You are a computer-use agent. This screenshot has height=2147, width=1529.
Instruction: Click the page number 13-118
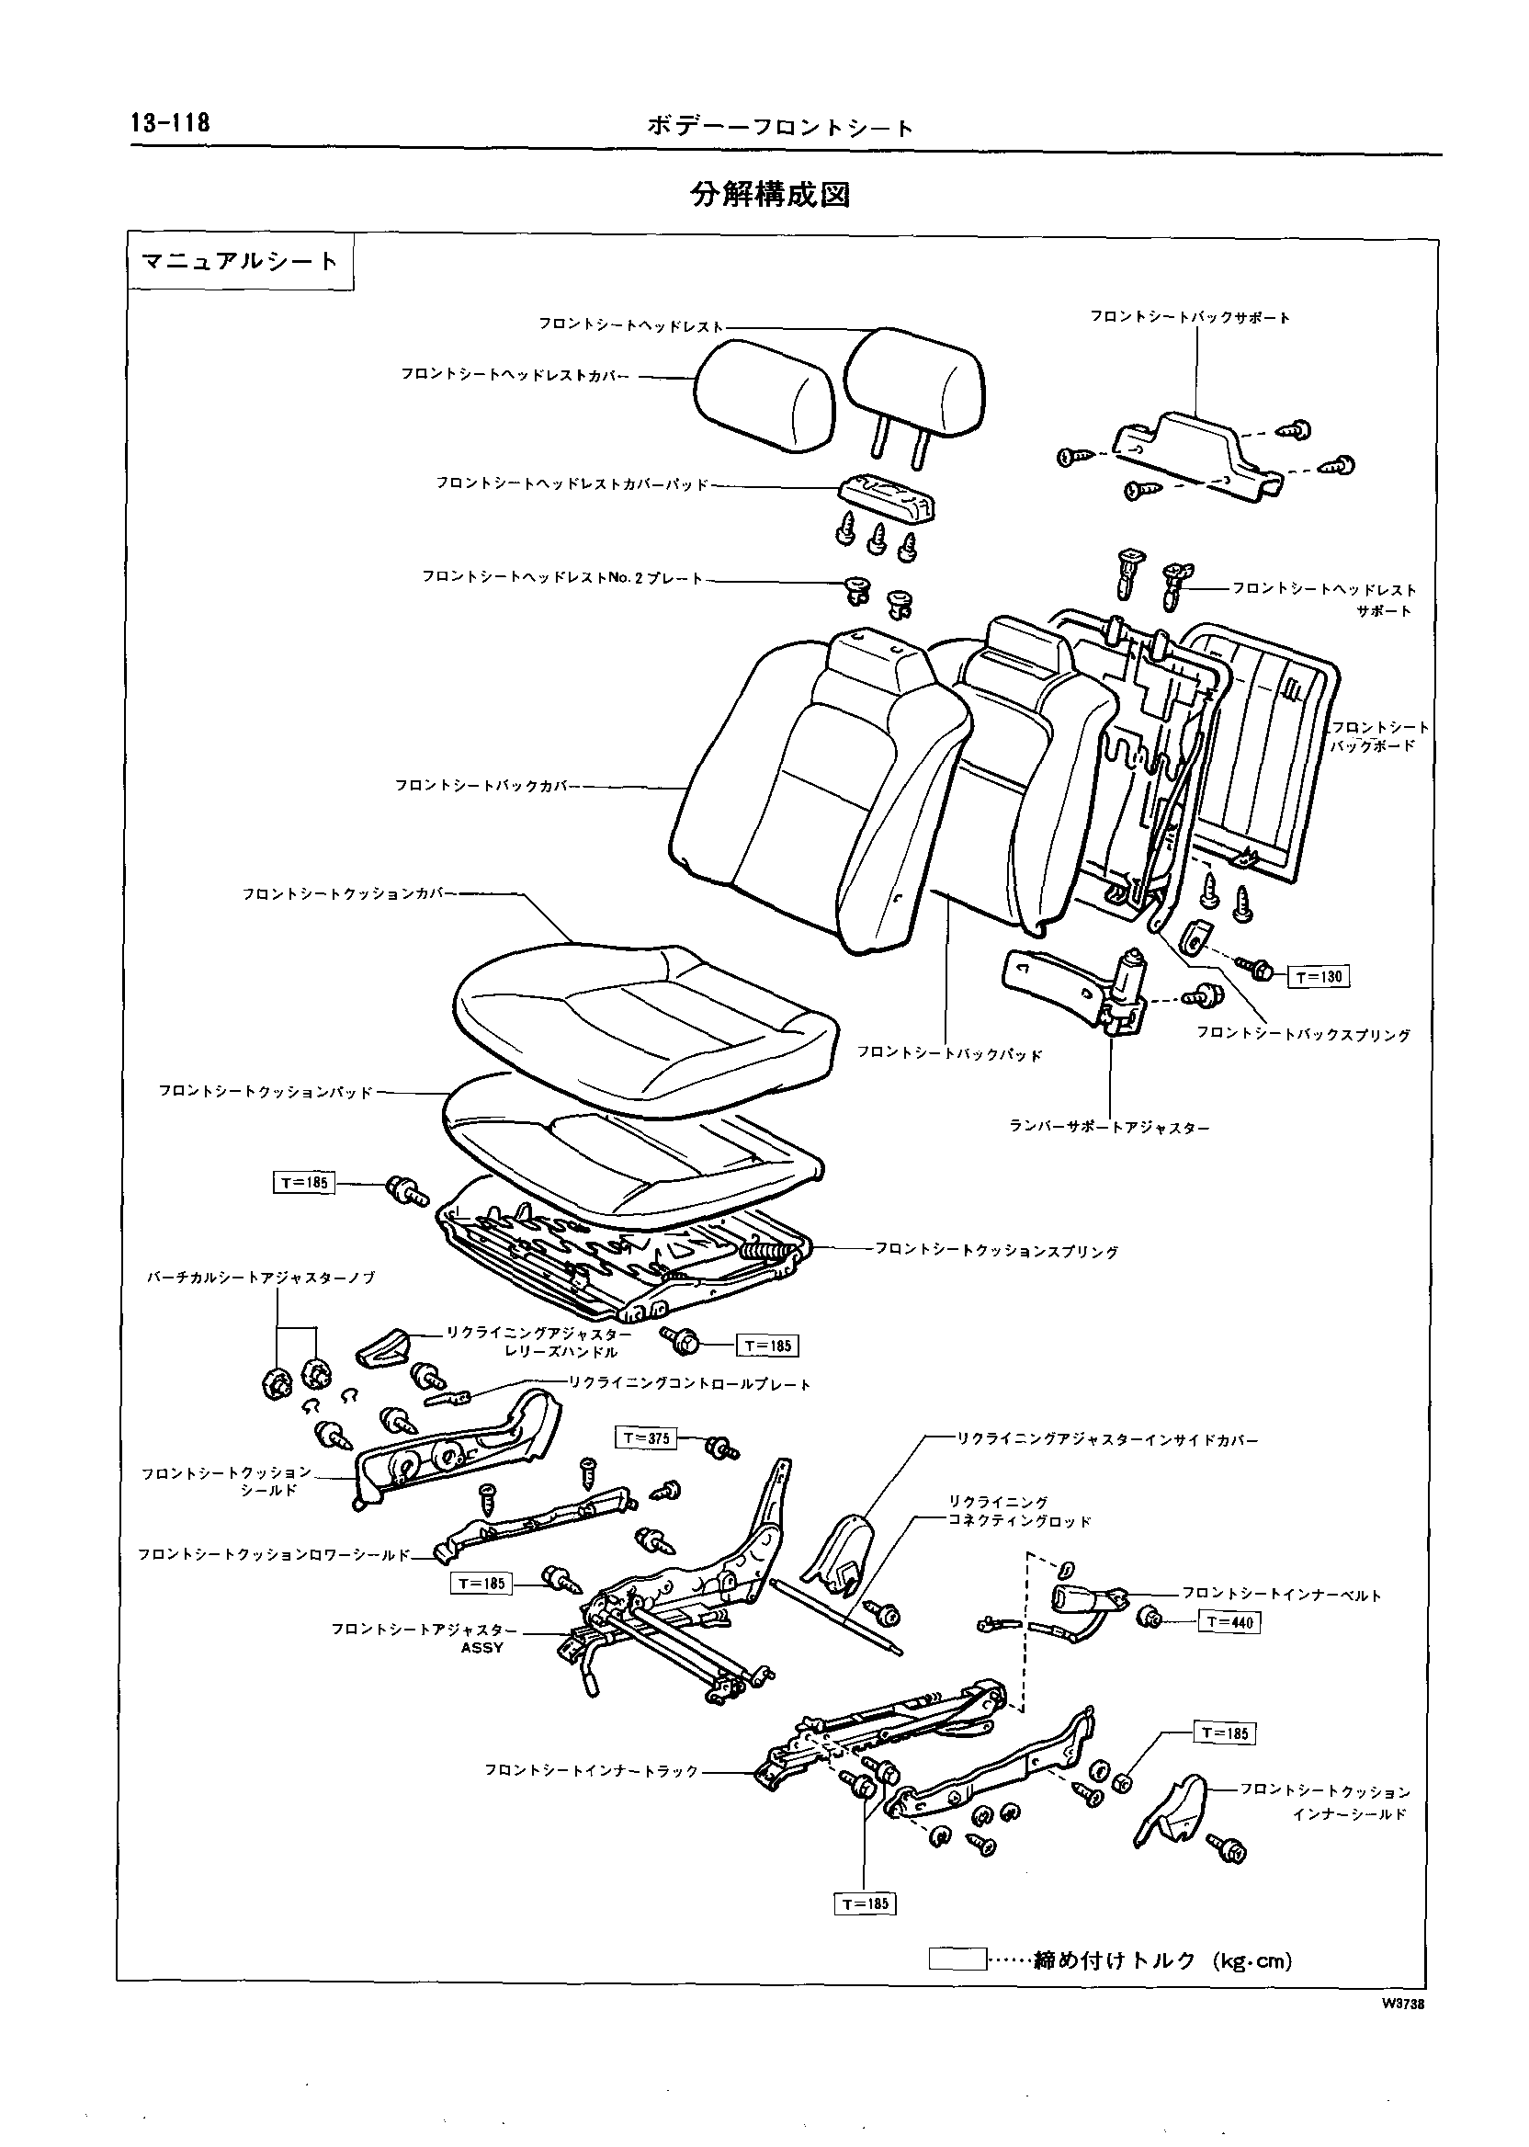pyautogui.click(x=170, y=123)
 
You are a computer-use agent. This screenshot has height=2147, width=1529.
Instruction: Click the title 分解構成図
pyautogui.click(x=770, y=194)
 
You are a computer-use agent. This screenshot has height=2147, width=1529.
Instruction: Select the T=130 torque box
pyautogui.click(x=1318, y=976)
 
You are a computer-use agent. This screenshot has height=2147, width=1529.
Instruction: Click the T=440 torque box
pyautogui.click(x=1229, y=1622)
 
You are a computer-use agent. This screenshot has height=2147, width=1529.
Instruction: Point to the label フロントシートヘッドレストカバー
pyautogui.click(x=515, y=375)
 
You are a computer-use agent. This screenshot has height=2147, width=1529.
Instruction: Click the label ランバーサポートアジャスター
pyautogui.click(x=1109, y=1127)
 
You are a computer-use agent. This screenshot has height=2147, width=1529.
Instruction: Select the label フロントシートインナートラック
pyautogui.click(x=592, y=1771)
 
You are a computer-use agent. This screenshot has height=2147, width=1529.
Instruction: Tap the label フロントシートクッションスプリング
pyautogui.click(x=997, y=1252)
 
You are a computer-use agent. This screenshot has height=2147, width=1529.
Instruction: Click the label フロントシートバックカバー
pyautogui.click(x=486, y=785)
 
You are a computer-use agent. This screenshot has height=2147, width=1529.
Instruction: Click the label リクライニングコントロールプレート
pyautogui.click(x=689, y=1384)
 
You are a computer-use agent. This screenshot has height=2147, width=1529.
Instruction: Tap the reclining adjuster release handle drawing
pyautogui.click(x=381, y=1348)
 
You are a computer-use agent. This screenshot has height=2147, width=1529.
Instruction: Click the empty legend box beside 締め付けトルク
pyautogui.click(x=957, y=1960)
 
